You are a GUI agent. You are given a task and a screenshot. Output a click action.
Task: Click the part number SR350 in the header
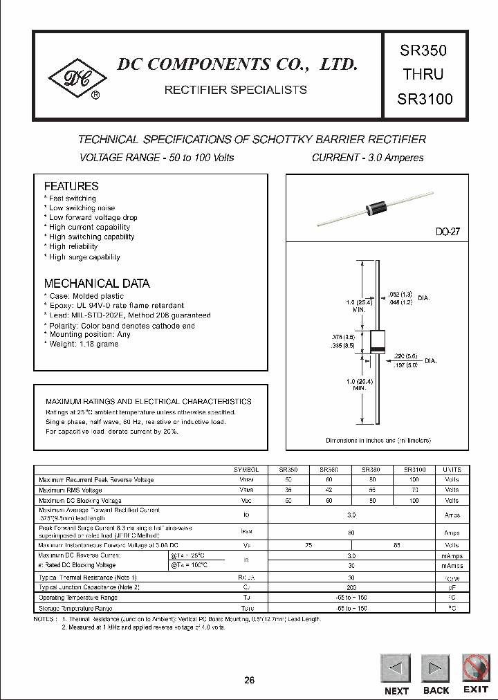(424, 50)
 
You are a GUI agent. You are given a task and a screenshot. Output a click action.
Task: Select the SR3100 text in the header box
(425, 99)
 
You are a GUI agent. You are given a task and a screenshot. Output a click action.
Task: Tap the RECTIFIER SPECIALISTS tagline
(234, 90)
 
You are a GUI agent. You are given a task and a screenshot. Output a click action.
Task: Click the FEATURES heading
(71, 186)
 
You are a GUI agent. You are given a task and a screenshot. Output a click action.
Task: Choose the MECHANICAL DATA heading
(97, 284)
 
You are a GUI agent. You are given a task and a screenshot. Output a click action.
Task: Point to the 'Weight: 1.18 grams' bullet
(82, 344)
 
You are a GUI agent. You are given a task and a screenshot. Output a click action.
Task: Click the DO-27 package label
(448, 232)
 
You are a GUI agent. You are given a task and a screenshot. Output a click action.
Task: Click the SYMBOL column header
(247, 469)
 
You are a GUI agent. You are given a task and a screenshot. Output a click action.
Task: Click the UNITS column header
(452, 469)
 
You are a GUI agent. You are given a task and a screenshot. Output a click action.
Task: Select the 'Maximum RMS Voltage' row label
(73, 490)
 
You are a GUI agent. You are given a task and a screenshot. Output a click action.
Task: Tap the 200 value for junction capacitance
(351, 587)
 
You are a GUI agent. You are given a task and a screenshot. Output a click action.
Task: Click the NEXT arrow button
(396, 669)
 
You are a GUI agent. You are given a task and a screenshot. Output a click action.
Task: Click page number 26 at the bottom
(250, 680)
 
